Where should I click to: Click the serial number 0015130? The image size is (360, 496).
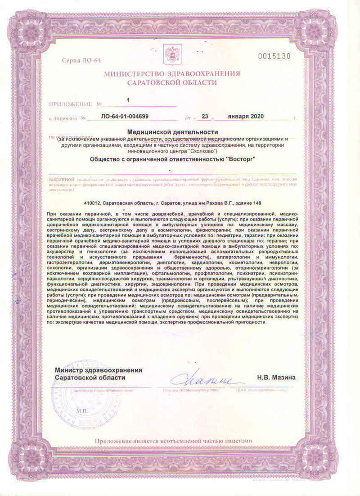click(274, 56)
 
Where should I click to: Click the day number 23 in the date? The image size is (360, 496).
click(205, 116)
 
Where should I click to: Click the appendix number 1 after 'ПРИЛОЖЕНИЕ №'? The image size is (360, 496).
click(128, 99)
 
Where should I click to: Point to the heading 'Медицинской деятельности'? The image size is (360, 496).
click(172, 132)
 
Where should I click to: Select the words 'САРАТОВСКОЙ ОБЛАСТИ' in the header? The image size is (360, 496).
click(172, 83)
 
